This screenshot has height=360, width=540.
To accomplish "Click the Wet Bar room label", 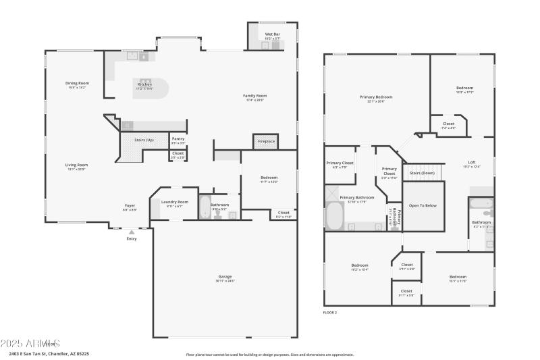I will pyautogui.click(x=273, y=34).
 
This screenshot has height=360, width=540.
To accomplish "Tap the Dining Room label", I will pyautogui.click(x=77, y=83).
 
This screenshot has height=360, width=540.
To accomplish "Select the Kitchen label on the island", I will pyautogui.click(x=145, y=84).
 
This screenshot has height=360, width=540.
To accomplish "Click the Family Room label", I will pyautogui.click(x=255, y=96).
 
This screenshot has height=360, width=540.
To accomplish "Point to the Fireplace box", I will pyautogui.click(x=266, y=141).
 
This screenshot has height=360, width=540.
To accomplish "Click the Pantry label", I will pyautogui.click(x=178, y=138).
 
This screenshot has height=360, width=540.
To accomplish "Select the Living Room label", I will pyautogui.click(x=76, y=165).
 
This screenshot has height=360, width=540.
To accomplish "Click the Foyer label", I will pyautogui.click(x=130, y=205).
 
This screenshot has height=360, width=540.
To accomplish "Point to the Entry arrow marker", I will pyautogui.click(x=132, y=232).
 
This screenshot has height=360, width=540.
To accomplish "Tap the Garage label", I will pyautogui.click(x=225, y=278).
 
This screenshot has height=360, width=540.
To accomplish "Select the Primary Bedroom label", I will pyautogui.click(x=376, y=97).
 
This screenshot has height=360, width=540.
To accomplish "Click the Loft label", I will pyautogui.click(x=472, y=162).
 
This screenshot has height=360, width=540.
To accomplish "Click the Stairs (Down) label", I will pyautogui.click(x=423, y=173).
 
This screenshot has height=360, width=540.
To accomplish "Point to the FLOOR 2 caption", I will pyautogui.click(x=329, y=313).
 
